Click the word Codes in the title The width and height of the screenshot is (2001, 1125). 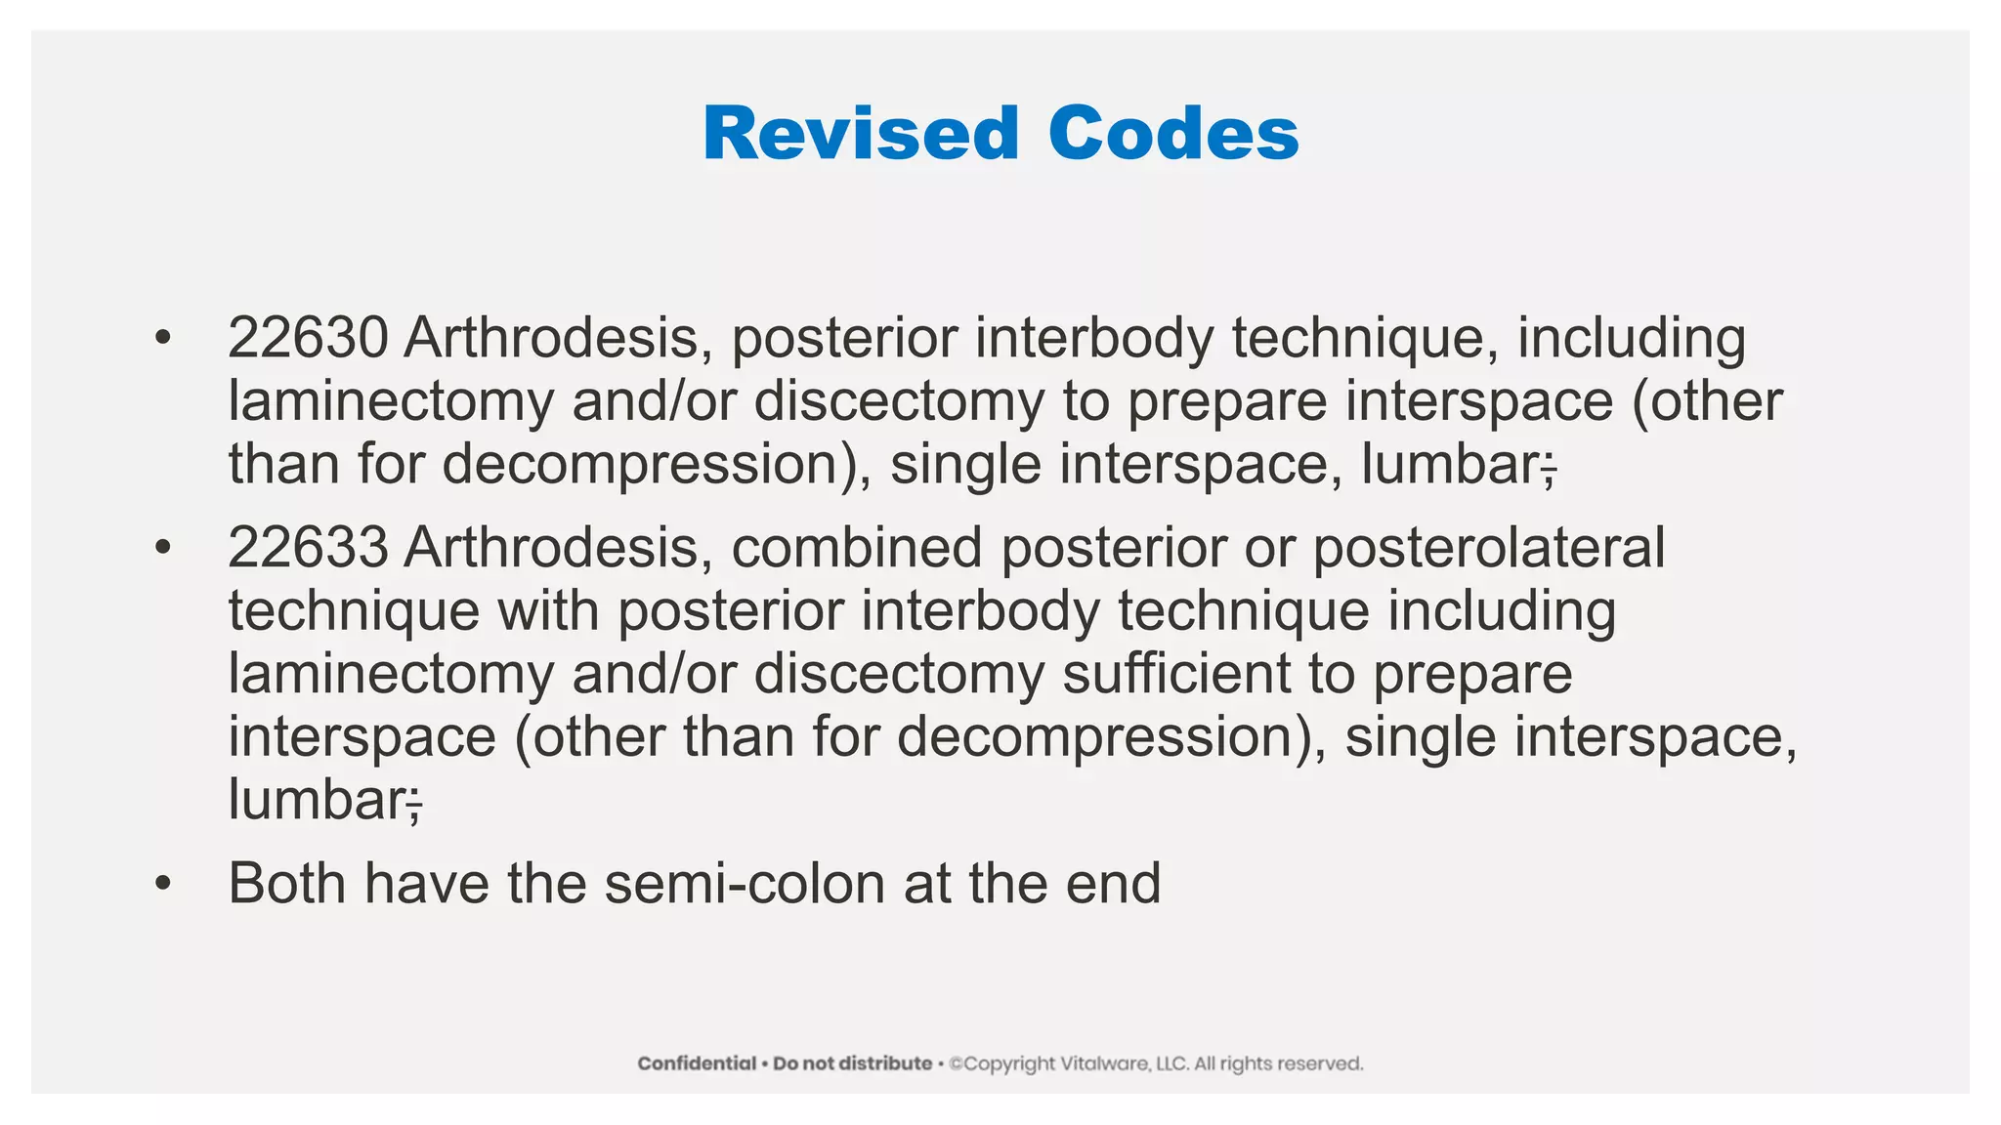[1173, 134]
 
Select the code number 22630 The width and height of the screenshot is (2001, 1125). [308, 338]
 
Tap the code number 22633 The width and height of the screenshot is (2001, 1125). [308, 548]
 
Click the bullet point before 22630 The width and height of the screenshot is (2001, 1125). [162, 338]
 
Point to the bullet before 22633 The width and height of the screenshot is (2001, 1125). [162, 548]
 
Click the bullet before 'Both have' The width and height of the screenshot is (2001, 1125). [162, 884]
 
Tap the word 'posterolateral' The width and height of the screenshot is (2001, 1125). [1488, 548]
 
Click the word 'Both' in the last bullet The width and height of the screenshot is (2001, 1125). [286, 884]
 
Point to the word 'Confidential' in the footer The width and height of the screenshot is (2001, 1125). [697, 1063]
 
